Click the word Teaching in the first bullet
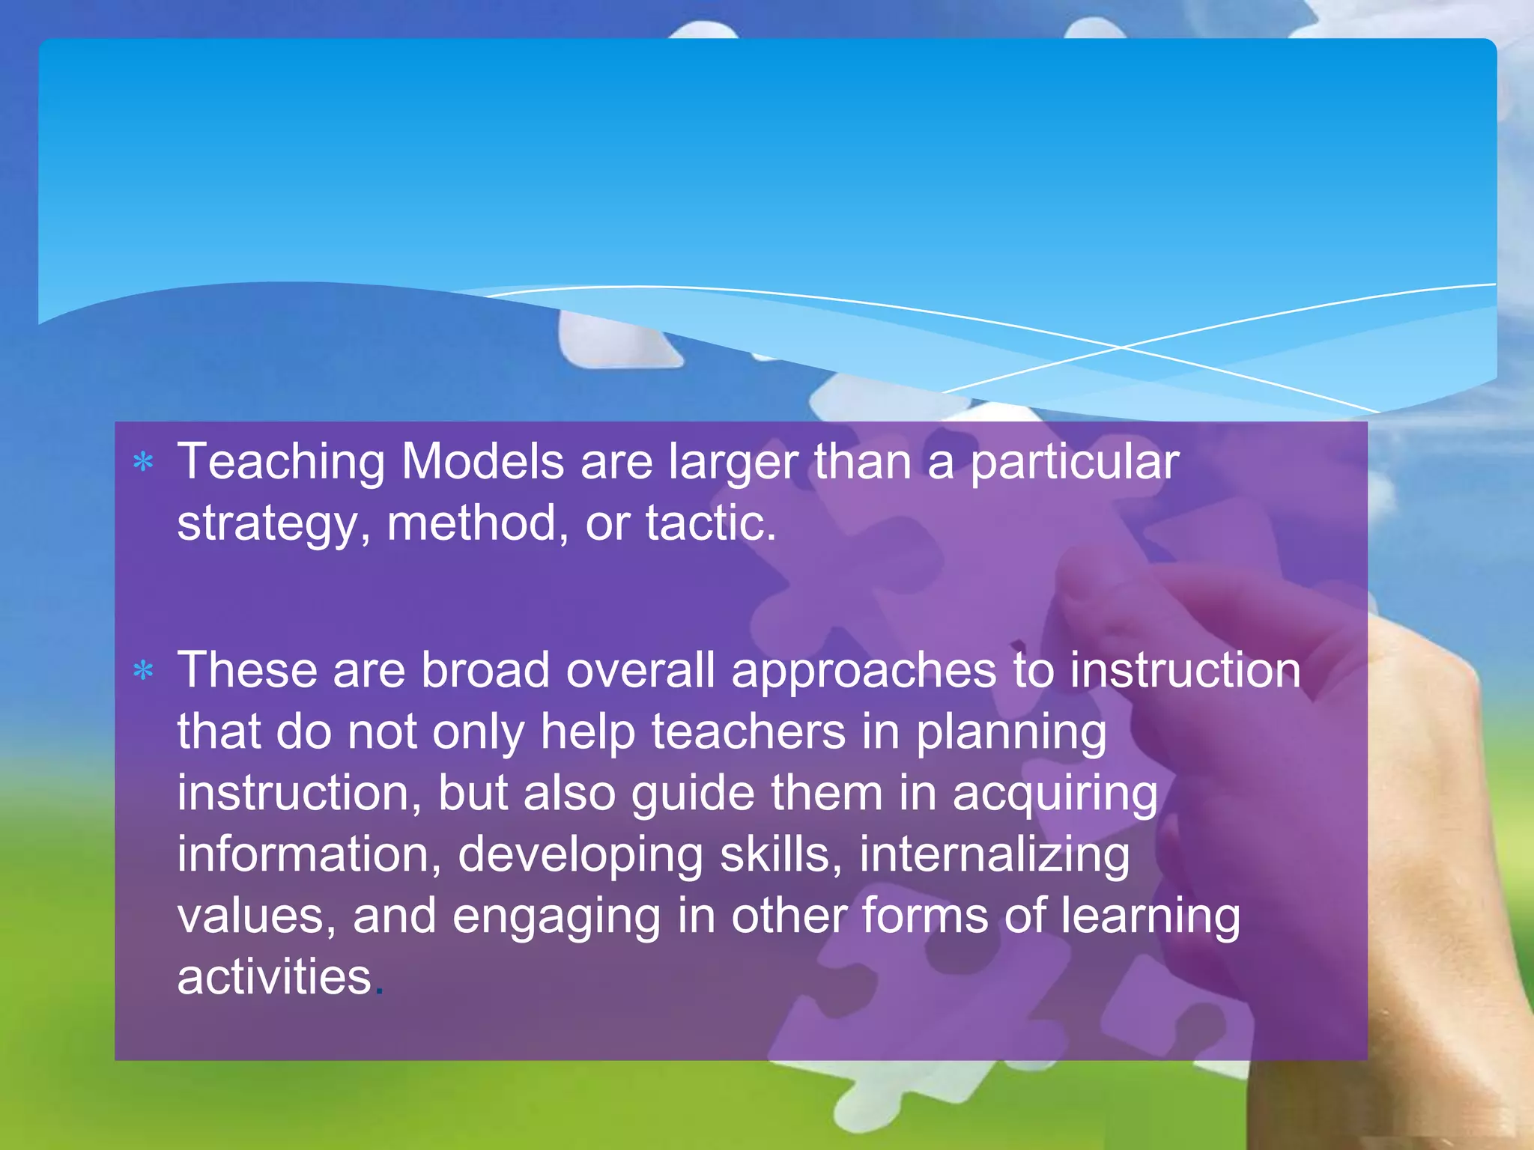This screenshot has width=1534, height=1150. click(281, 463)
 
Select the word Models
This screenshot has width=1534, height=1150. click(482, 461)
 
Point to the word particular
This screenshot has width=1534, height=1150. click(1075, 463)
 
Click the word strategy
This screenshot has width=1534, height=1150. click(267, 524)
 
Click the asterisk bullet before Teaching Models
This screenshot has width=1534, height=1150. click(143, 463)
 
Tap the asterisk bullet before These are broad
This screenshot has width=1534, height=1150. click(143, 671)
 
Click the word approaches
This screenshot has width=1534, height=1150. click(864, 671)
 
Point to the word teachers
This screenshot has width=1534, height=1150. click(748, 731)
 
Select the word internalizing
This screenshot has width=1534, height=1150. click(994, 856)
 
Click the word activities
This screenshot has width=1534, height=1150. click(274, 978)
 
